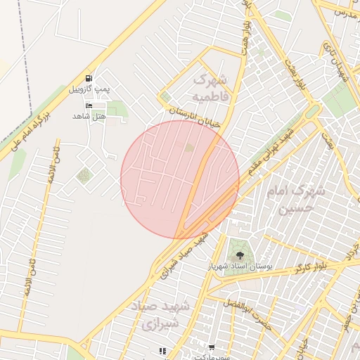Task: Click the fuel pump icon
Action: (88, 79)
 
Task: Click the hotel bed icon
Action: (88, 105)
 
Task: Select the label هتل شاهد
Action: (88, 115)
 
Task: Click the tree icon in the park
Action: (241, 255)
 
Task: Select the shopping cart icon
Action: (212, 348)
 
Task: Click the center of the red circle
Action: (180, 179)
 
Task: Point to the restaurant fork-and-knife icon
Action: (162, 350)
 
